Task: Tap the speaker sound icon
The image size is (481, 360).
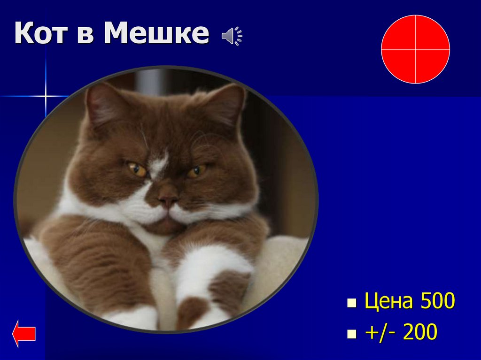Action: (x=232, y=36)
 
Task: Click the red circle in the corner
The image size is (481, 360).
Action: (x=415, y=49)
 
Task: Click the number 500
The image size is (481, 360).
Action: (x=438, y=302)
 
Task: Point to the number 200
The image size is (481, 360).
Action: (x=420, y=332)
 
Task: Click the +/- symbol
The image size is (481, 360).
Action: (x=380, y=332)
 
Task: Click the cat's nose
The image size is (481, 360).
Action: (x=167, y=198)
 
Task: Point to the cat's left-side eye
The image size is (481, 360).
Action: (x=137, y=169)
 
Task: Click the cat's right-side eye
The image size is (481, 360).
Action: (x=196, y=171)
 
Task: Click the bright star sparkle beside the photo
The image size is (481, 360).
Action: (x=46, y=96)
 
